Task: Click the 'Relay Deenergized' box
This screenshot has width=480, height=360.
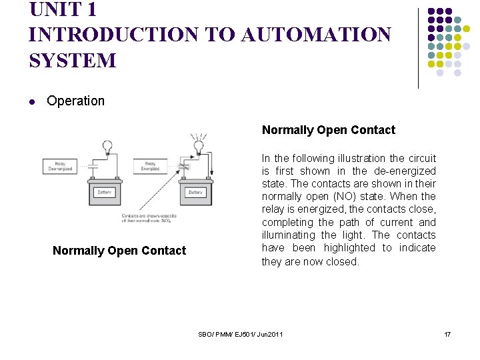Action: pyautogui.click(x=60, y=166)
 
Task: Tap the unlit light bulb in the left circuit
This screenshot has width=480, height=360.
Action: pyautogui.click(x=106, y=145)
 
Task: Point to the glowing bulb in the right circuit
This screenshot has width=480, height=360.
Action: pyautogui.click(x=197, y=145)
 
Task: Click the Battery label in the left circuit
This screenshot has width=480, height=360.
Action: pyautogui.click(x=105, y=192)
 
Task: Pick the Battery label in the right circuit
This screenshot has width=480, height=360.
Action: pyautogui.click(x=195, y=192)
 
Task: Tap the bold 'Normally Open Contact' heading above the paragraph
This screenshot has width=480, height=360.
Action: pyautogui.click(x=328, y=130)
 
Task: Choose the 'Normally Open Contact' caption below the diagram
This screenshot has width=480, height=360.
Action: pyautogui.click(x=119, y=251)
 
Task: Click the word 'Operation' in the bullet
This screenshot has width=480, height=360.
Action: pyautogui.click(x=75, y=101)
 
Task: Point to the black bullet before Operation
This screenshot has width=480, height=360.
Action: pyautogui.click(x=32, y=102)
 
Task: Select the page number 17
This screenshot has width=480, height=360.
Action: pyautogui.click(x=447, y=333)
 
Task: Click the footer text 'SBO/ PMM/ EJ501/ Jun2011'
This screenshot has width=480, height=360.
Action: pyautogui.click(x=240, y=333)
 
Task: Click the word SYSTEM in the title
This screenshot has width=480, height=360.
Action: pyautogui.click(x=72, y=60)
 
